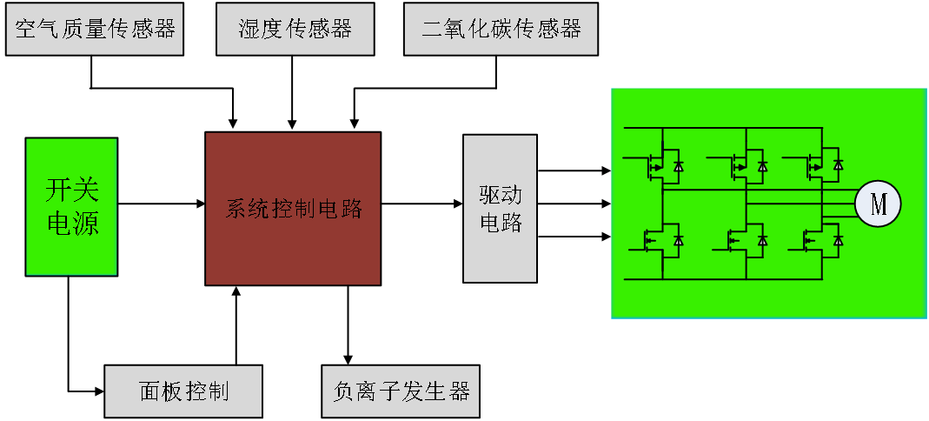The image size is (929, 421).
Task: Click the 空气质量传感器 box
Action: point(95,30)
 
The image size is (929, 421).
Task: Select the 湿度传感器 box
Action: point(295,30)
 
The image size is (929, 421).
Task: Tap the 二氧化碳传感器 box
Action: point(501,30)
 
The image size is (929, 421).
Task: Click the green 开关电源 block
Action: point(71,207)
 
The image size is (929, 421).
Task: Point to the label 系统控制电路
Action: point(293,209)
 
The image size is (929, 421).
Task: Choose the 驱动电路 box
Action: point(500,209)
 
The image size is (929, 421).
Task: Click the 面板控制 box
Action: point(183,391)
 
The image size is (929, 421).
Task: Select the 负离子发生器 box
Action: point(401,391)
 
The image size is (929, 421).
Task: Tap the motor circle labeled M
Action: point(878,204)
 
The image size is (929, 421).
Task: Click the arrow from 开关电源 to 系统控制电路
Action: point(161,204)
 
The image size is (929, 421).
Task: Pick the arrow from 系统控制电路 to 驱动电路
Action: point(421,204)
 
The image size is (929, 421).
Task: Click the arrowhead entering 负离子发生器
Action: point(348,359)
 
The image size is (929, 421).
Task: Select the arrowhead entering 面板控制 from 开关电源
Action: point(98,391)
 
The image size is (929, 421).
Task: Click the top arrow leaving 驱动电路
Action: point(574,171)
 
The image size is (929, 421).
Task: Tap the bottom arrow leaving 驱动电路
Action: point(574,236)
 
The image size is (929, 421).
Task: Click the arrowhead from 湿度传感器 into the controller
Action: point(292,124)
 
